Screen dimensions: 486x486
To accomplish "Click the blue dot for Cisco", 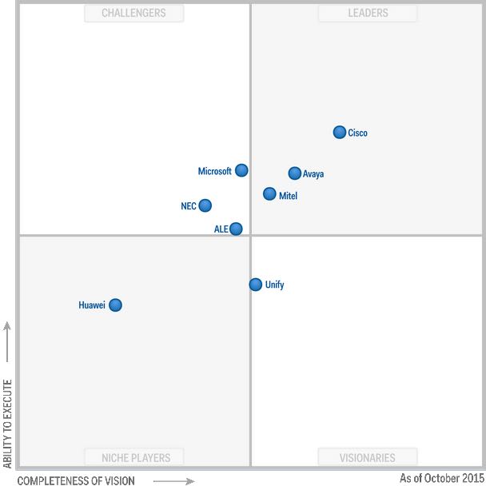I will (340, 133).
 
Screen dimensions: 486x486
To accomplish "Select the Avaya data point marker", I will (295, 173).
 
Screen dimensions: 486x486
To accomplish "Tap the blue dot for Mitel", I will (269, 194).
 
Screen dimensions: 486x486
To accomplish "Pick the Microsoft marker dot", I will (241, 170).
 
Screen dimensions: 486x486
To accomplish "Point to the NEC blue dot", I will (205, 205).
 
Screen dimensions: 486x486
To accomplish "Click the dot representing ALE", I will (236, 229).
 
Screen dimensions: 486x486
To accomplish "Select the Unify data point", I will (256, 285).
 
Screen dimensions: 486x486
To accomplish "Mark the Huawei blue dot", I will (115, 305).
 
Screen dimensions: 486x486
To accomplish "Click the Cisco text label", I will (358, 133).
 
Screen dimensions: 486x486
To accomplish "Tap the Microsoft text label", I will (215, 171).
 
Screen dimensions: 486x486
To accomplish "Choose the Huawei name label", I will (92, 305).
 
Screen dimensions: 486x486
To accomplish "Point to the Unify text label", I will (274, 285).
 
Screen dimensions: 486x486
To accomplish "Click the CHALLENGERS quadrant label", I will (134, 13).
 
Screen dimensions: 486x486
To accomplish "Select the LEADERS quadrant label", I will (368, 13).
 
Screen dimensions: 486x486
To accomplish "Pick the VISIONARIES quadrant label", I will (368, 458).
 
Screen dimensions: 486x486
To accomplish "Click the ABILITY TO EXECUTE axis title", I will (8, 424).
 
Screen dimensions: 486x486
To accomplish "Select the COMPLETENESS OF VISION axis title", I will (76, 480).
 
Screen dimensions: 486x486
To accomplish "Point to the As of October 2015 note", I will (441, 478).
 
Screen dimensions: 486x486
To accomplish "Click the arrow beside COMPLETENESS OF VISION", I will (173, 481).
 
